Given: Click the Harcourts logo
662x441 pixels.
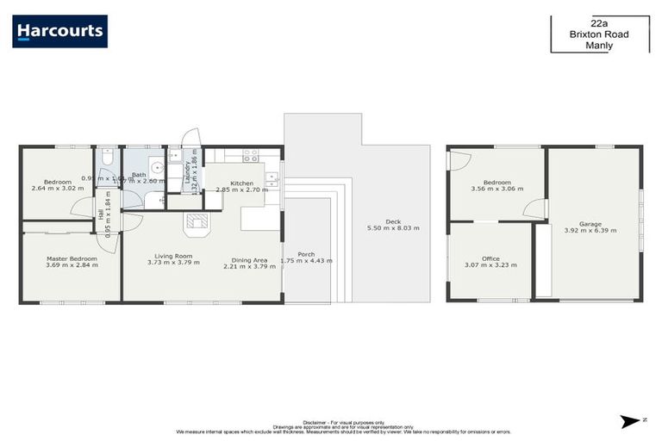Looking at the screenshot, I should coord(60,31).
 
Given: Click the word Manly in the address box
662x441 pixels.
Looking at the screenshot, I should coord(598,47).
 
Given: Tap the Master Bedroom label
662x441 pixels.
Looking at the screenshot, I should coord(72,258).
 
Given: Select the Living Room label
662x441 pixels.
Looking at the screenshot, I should coord(173,256).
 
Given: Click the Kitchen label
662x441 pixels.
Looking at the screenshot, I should coord(242,183).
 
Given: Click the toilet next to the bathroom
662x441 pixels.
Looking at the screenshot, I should coord(105,158).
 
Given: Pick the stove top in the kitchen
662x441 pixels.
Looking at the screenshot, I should coord(251,157).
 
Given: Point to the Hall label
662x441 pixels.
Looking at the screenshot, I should coord(101,214).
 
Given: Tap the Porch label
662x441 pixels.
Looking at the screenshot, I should coord(306,254).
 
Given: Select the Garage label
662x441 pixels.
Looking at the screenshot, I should coord(590,223).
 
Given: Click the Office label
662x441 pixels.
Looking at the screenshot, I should coord(490,258).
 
